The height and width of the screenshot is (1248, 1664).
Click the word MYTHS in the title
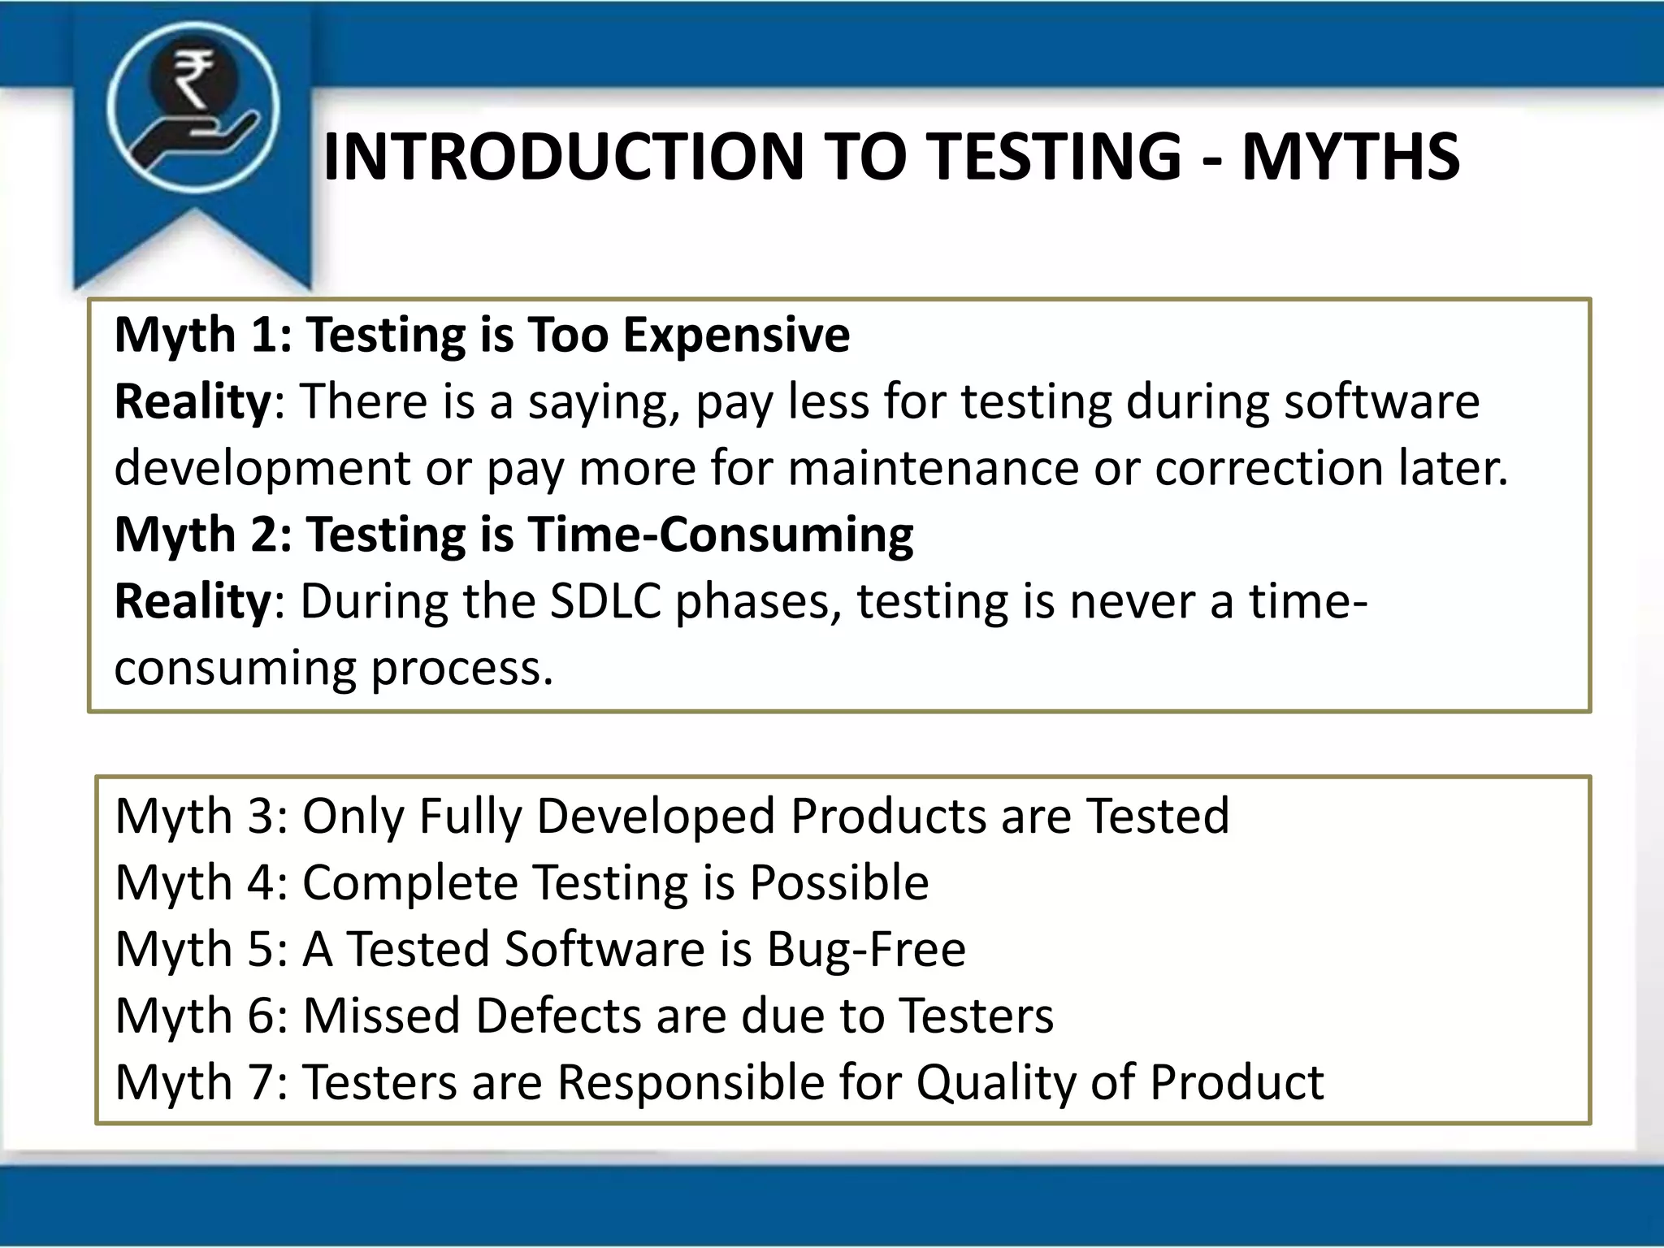click(1350, 157)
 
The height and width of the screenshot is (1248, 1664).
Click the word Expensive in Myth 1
click(736, 335)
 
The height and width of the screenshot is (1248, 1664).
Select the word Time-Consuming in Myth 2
click(721, 535)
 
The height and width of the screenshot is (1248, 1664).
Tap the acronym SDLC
click(605, 602)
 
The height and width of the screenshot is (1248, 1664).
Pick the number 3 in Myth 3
click(261, 816)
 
